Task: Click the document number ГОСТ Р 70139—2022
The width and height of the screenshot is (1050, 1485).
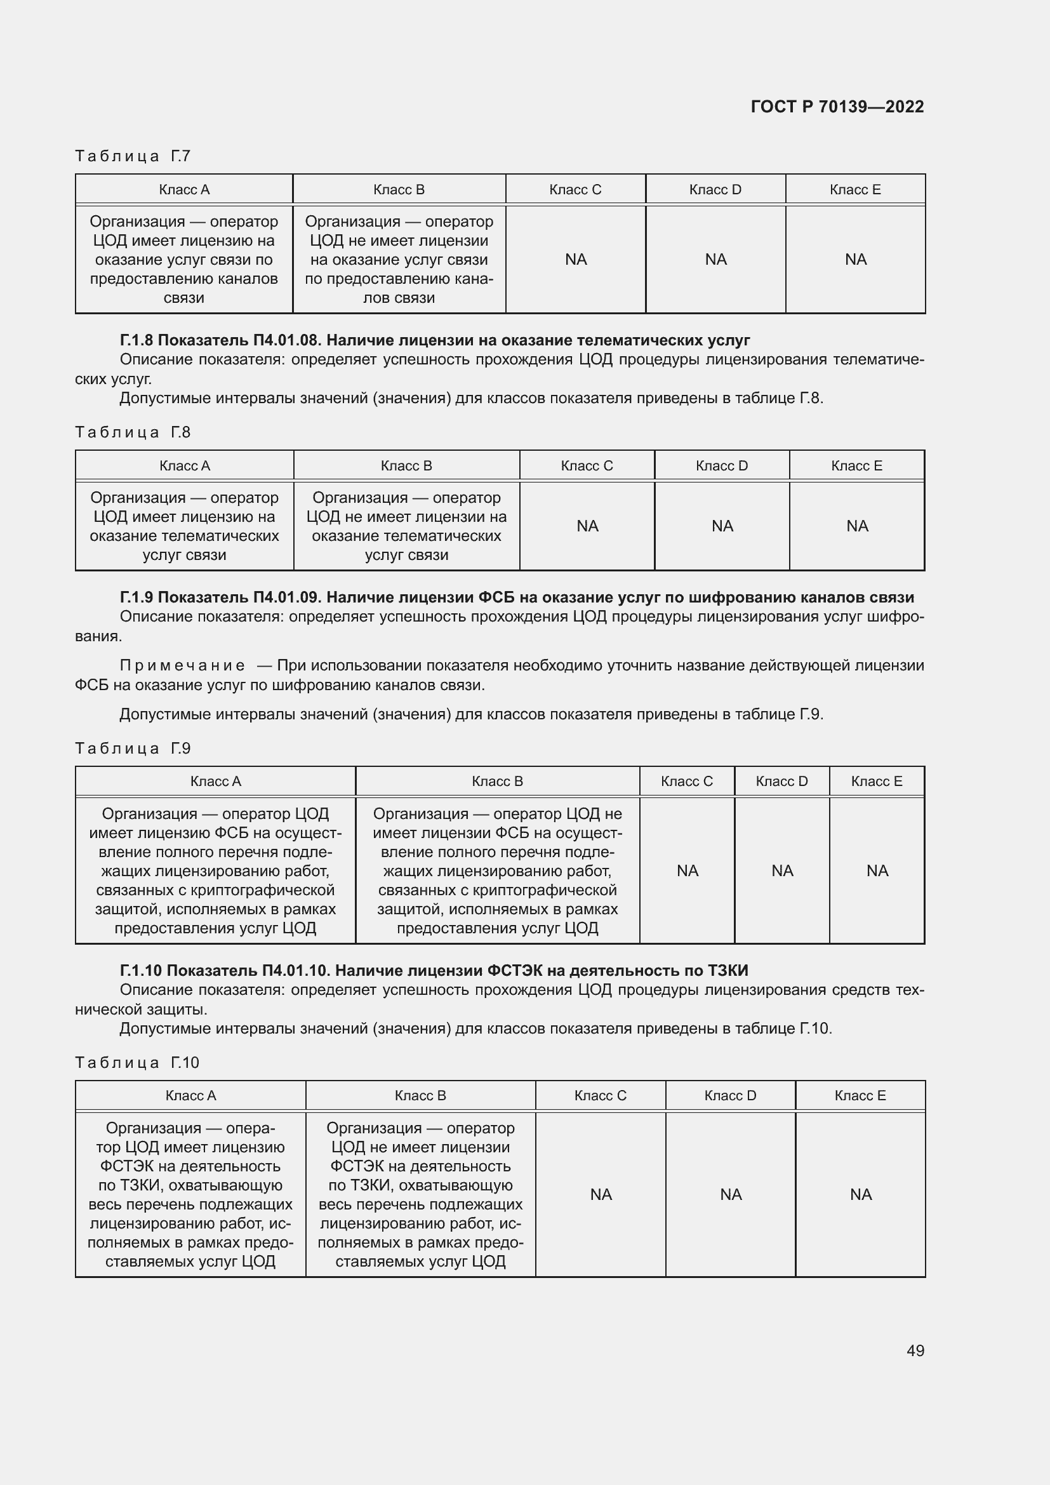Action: (837, 107)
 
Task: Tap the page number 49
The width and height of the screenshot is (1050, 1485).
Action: (915, 1350)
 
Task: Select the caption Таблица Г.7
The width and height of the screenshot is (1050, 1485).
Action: (133, 156)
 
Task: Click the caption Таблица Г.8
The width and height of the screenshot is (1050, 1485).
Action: (133, 432)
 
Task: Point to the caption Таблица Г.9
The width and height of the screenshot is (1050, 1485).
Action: (133, 749)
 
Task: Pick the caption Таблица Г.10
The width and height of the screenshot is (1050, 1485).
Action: (137, 1063)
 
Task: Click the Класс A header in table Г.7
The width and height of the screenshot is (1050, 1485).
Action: (184, 189)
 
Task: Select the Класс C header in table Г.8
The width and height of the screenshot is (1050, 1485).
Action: (587, 465)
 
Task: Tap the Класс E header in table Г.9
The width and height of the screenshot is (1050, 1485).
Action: (876, 782)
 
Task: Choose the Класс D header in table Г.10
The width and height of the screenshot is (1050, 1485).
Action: (730, 1096)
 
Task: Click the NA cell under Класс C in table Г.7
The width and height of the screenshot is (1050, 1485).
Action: (575, 260)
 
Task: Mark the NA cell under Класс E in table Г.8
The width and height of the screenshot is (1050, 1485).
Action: (856, 526)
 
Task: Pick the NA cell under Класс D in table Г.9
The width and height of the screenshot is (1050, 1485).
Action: (781, 870)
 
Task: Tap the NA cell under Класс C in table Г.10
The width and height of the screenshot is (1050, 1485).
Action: (600, 1195)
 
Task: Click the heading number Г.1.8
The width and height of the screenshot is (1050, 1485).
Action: (136, 340)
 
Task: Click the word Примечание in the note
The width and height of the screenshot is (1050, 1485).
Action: (182, 665)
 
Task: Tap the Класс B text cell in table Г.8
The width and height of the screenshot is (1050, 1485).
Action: (406, 526)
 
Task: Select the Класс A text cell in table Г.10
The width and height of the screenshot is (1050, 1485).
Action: (190, 1195)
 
